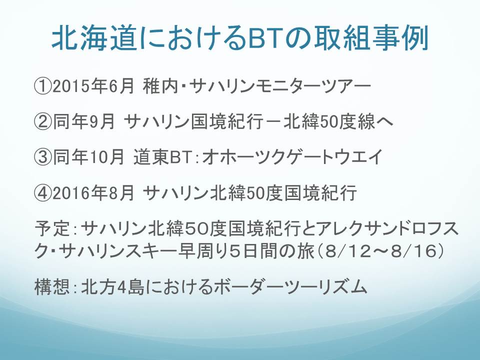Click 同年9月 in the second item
[84, 122]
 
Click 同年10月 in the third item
[88, 157]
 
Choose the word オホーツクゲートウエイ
[292, 157]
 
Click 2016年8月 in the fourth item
[93, 193]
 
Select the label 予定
[52, 228]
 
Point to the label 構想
[52, 287]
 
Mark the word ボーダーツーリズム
[290, 287]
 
